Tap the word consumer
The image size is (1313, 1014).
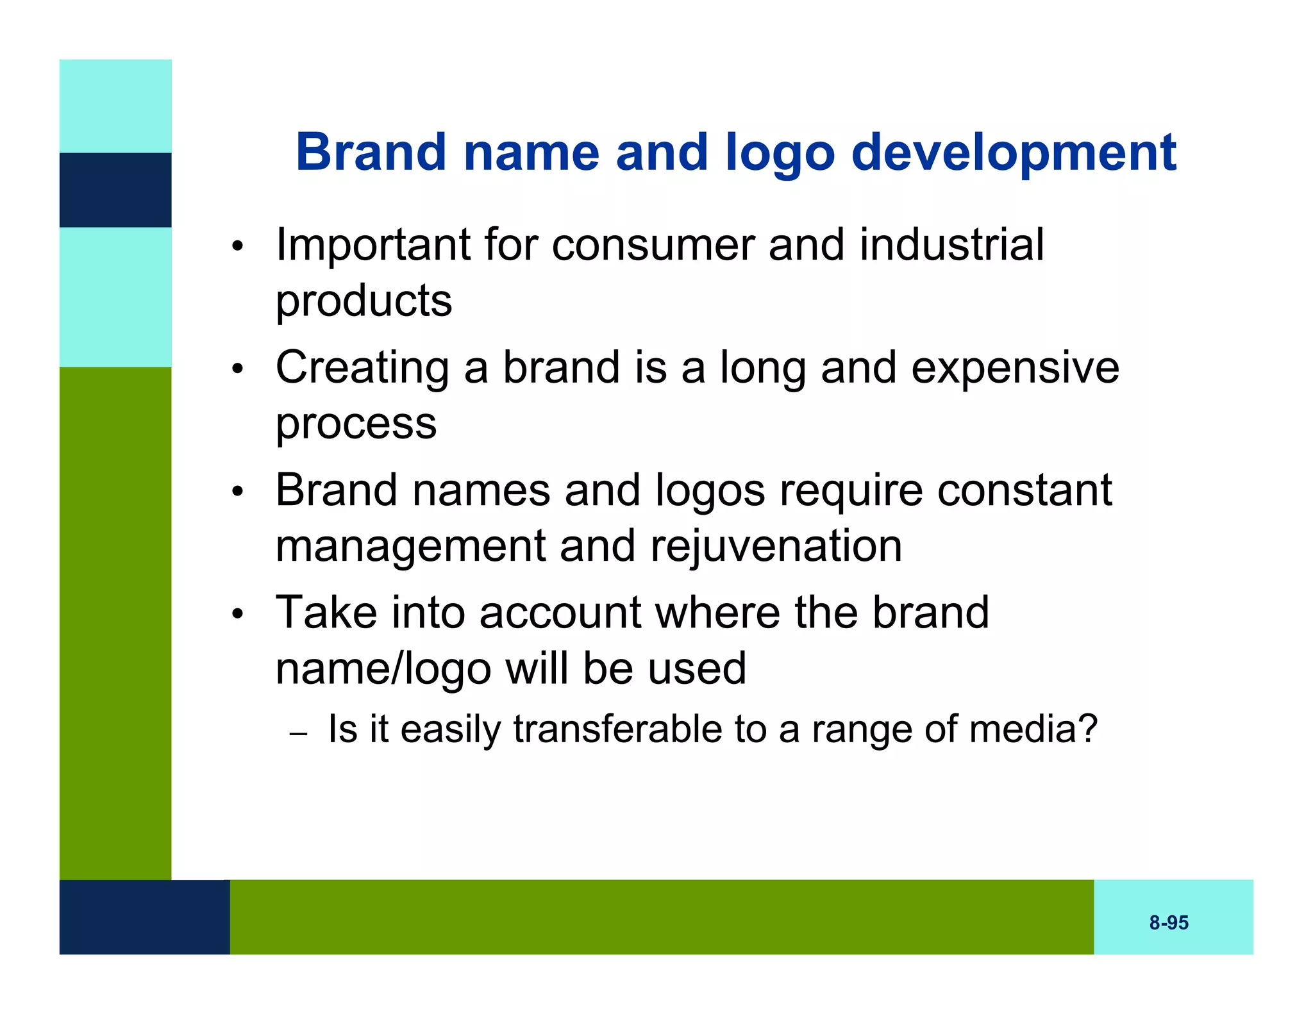tap(652, 245)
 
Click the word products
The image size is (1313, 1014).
tap(364, 301)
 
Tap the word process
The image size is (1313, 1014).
tap(356, 424)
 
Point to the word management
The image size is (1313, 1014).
tap(411, 547)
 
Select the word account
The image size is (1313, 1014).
tap(560, 613)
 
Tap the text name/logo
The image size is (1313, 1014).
tap(383, 669)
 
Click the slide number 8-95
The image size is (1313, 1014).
tap(1168, 922)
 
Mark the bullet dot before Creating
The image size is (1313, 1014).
tap(238, 369)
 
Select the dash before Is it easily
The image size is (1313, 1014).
tap(298, 733)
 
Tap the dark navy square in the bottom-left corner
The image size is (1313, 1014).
tap(144, 917)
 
